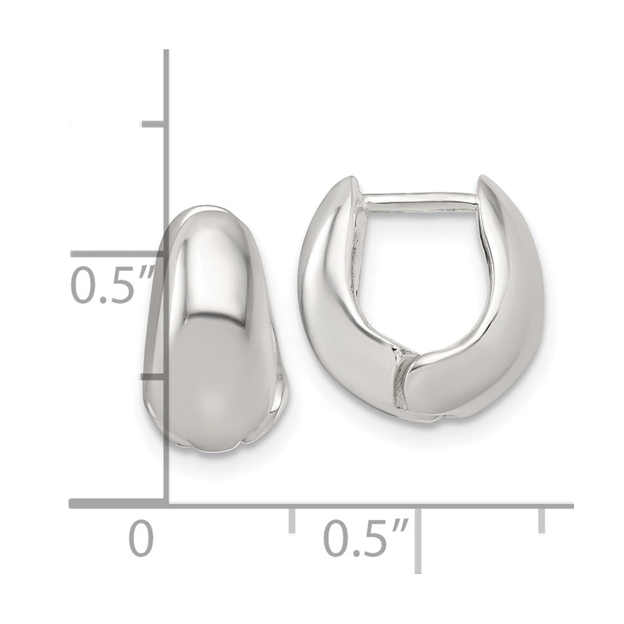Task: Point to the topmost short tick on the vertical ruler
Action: coord(154,125)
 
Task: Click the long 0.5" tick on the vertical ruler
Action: coord(115,253)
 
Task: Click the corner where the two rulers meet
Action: coord(167,504)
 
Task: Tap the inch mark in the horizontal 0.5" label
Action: coord(401,527)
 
